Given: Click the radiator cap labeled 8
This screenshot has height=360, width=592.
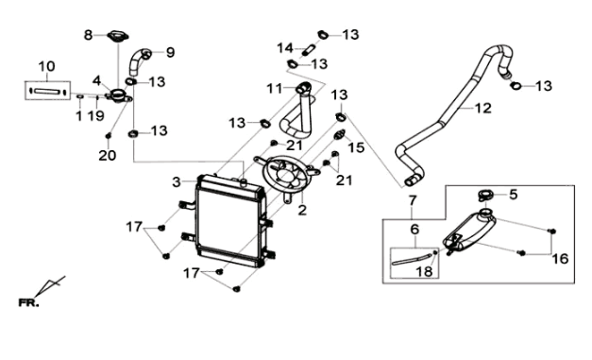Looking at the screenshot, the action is point(118,37).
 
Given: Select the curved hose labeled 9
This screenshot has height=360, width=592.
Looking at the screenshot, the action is point(138,61).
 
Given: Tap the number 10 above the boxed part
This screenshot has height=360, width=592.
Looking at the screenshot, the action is point(47,66).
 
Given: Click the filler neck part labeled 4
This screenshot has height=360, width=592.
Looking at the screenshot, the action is point(119,94).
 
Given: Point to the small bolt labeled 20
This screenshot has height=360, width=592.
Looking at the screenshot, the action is point(109,135).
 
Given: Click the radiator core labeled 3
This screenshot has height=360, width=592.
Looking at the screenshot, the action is point(230,220).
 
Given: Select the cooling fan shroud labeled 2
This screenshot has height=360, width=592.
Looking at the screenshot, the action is point(288,175).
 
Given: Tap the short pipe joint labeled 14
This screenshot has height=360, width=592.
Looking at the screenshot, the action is point(309,49).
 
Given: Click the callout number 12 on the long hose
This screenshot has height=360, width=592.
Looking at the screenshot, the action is point(482,108).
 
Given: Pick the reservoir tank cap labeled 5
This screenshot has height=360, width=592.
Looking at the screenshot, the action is point(486,197).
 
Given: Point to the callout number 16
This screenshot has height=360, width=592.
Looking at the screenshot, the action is point(560,259).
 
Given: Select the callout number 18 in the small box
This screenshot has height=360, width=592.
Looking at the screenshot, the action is point(424,271).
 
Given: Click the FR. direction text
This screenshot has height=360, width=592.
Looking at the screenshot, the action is point(28,303).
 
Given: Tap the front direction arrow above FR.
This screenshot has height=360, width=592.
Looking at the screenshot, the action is point(50,286).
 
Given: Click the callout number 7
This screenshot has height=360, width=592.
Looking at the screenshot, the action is point(413,200).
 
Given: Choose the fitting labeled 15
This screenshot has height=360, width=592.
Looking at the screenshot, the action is point(340,134).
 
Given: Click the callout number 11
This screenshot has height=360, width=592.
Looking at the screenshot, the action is point(275,89).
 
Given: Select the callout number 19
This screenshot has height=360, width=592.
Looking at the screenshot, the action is point(96,116).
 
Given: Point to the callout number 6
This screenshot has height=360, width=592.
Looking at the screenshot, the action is point(414,230).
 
